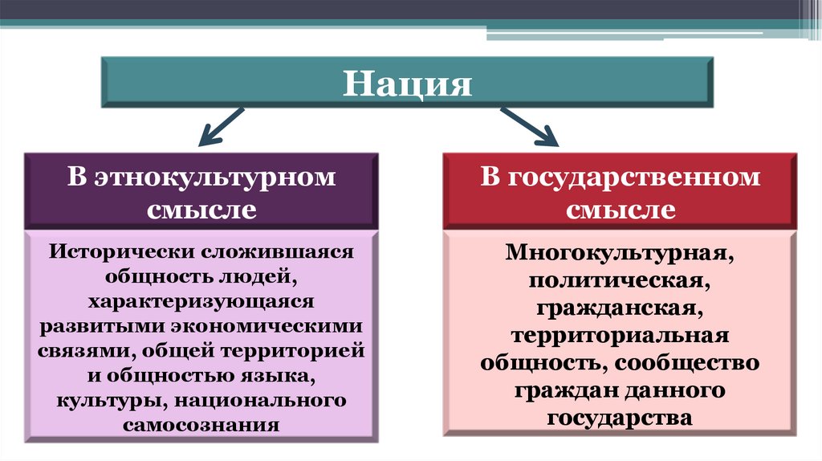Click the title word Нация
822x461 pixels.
coord(407,83)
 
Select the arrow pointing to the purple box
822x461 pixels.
coord(219,126)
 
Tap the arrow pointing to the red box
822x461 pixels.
coord(530,126)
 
